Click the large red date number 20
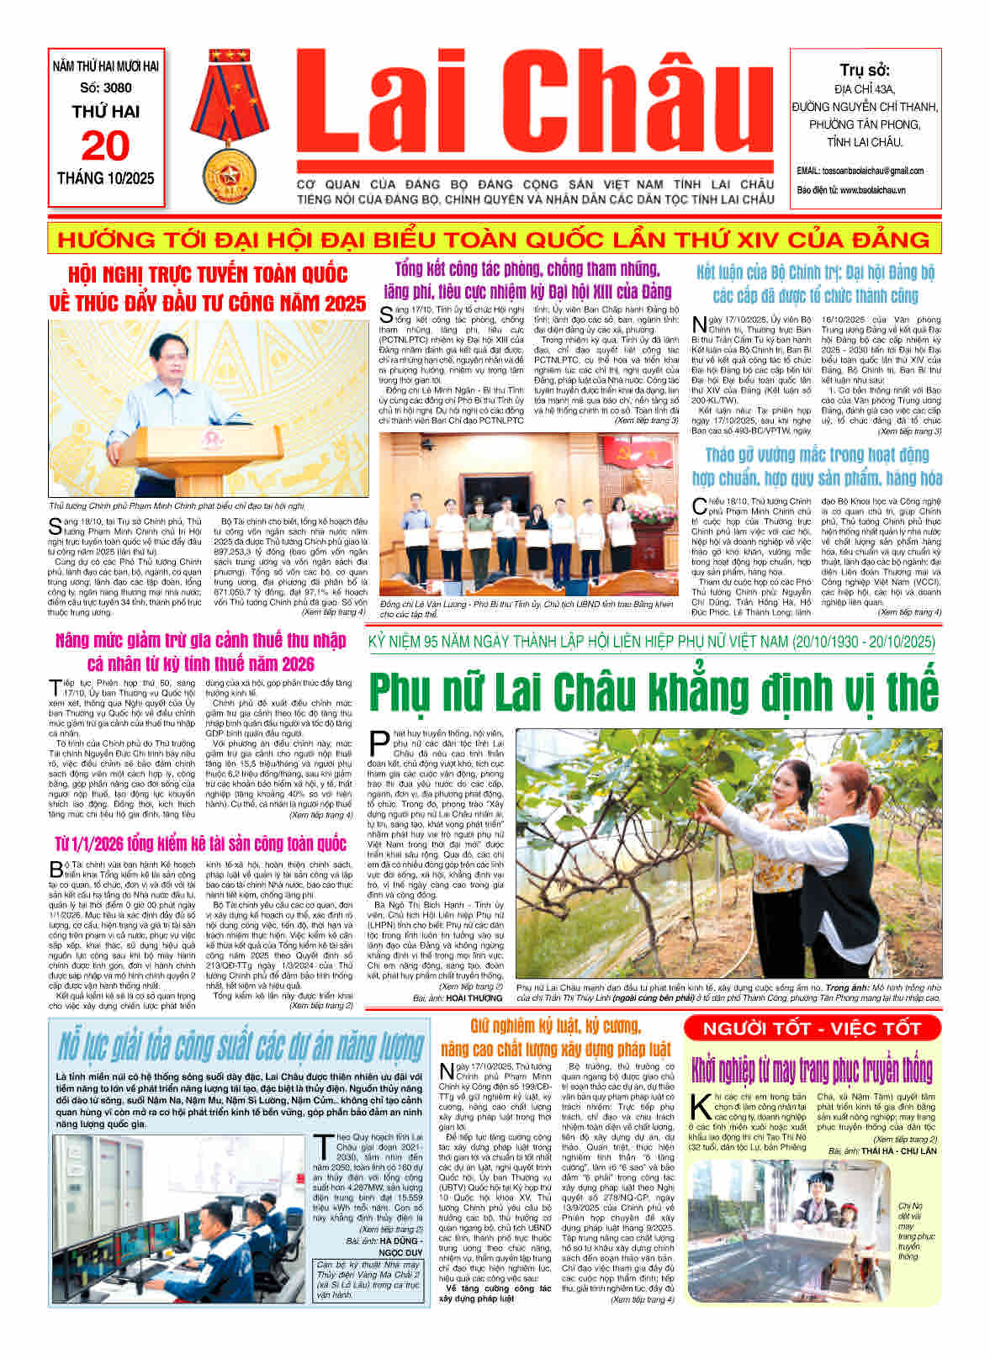(x=105, y=146)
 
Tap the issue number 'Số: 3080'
(x=106, y=87)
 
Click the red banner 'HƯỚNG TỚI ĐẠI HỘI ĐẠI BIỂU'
(x=494, y=240)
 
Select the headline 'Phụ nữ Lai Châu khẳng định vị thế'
(x=653, y=691)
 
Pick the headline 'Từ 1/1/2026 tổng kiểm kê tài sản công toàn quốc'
(x=200, y=843)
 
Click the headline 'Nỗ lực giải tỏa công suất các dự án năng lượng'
(x=240, y=1046)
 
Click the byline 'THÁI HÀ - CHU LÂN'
(x=893, y=1150)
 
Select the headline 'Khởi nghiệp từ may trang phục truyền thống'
(x=812, y=1070)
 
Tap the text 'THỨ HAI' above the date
(x=106, y=112)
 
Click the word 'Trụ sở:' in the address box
(x=865, y=70)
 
